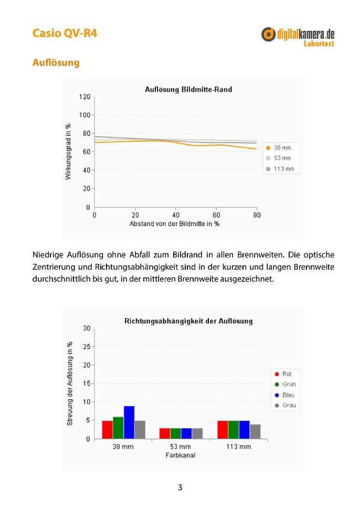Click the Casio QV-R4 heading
click(65, 33)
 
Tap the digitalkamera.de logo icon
click(268, 34)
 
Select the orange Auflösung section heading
click(56, 62)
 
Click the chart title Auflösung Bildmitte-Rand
click(188, 89)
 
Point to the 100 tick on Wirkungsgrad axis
click(84, 115)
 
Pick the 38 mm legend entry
click(278, 147)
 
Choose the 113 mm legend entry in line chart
click(280, 169)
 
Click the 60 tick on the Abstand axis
click(216, 215)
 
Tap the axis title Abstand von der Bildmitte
click(174, 224)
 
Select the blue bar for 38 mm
click(129, 422)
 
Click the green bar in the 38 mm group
click(118, 428)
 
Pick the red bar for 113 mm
click(223, 430)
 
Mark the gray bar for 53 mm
click(197, 433)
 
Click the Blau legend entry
click(284, 395)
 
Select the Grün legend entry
click(285, 384)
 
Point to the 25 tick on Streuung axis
click(87, 347)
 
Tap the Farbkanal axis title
click(181, 455)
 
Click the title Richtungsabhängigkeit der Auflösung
click(188, 321)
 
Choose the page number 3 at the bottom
click(180, 487)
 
